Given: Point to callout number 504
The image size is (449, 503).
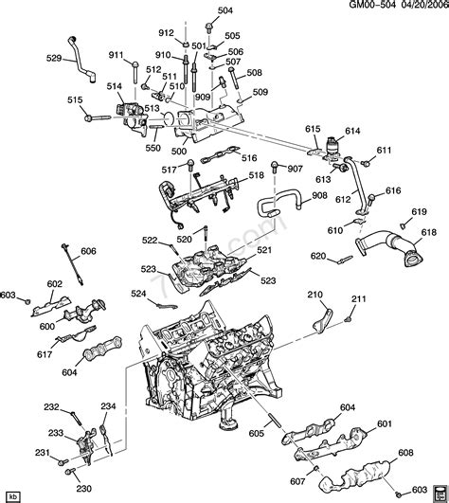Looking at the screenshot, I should coord(224,11).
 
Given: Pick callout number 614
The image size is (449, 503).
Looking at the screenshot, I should coord(352,130).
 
